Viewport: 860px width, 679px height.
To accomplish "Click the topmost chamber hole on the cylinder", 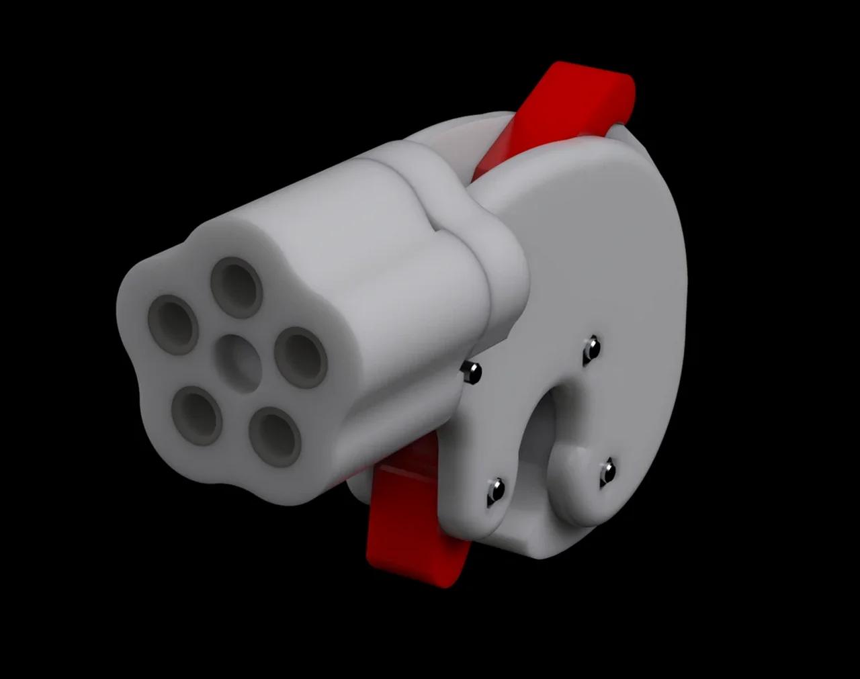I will click(236, 287).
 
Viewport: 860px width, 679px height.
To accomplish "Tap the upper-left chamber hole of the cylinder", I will click(173, 325).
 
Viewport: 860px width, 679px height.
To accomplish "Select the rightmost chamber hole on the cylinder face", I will click(300, 359).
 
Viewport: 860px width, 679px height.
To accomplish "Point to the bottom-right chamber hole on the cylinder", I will click(274, 436).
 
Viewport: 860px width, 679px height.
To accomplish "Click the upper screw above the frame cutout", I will click(591, 349).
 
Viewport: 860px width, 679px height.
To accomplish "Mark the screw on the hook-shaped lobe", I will click(607, 470).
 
